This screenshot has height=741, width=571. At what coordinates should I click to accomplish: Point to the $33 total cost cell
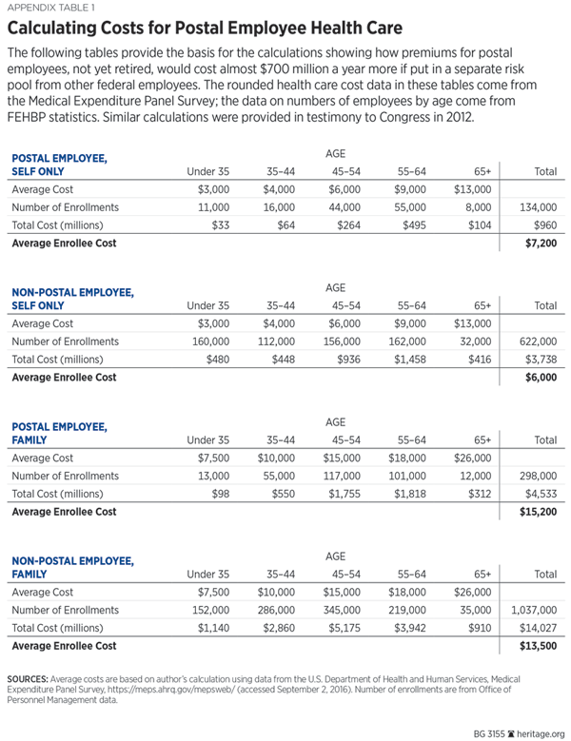pos(218,225)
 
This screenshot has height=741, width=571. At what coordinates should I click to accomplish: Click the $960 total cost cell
pos(543,225)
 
